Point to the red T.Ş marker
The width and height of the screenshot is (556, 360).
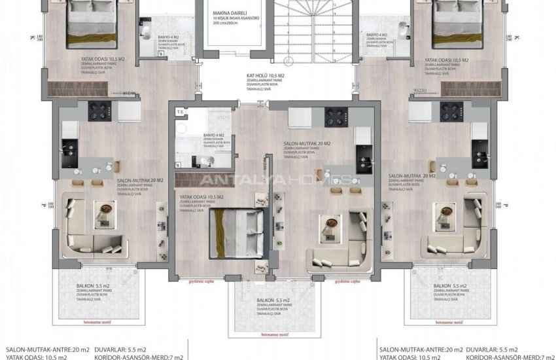tap(180, 112)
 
